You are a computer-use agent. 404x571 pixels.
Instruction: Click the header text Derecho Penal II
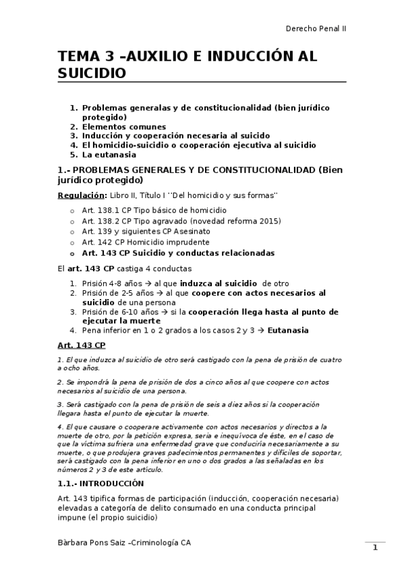click(316, 28)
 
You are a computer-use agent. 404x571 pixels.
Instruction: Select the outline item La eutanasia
click(109, 154)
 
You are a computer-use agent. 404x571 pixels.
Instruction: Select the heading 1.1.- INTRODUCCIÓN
click(101, 483)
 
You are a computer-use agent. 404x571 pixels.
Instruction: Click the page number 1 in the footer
click(375, 547)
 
